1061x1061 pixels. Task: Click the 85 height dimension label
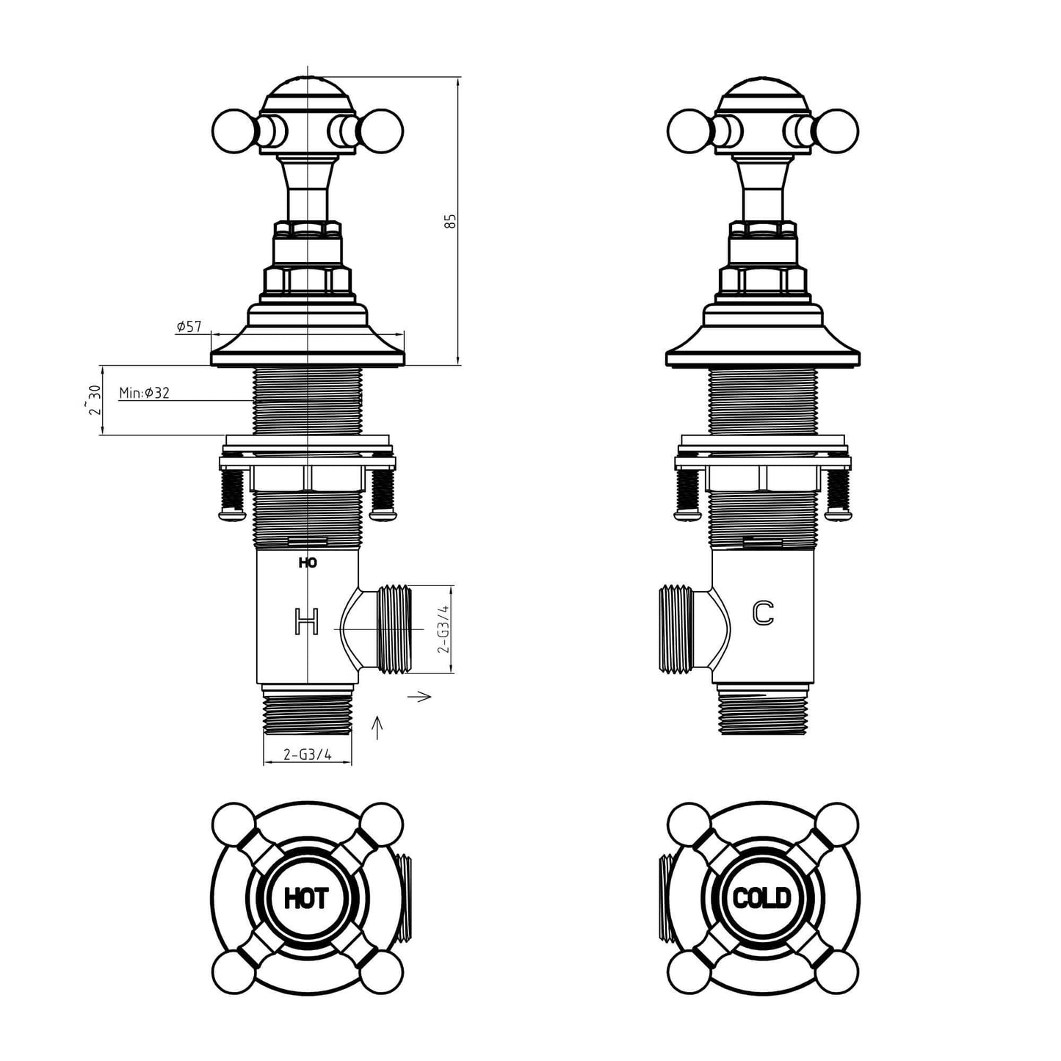[x=452, y=221]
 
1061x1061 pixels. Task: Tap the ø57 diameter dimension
[x=189, y=327]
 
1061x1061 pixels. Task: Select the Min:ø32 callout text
[x=145, y=394]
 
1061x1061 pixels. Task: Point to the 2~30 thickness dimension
[x=93, y=400]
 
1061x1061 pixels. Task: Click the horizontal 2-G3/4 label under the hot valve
[x=308, y=754]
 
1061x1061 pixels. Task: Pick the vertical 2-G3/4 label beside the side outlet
[x=442, y=629]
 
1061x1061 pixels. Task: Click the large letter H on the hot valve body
[x=307, y=621]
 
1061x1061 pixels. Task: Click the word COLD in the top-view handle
[x=762, y=897]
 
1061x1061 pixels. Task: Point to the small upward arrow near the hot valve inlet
[x=378, y=727]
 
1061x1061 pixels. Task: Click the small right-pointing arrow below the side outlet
[x=423, y=696]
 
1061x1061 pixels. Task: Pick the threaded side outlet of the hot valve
[x=394, y=629]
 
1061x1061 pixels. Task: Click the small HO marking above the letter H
[x=308, y=563]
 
